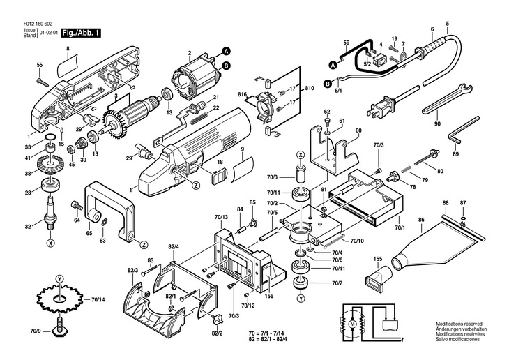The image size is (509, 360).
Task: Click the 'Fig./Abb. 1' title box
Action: [x=81, y=33]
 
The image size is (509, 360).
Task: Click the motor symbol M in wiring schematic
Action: [x=352, y=323]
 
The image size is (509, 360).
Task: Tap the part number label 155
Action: [x=377, y=259]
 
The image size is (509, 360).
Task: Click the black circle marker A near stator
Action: [x=226, y=51]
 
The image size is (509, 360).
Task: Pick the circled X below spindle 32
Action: [x=50, y=242]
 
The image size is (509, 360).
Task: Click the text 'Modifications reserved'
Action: [x=459, y=324]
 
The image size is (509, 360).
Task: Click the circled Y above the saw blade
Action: [x=59, y=279]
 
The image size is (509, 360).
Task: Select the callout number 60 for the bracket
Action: [x=358, y=130]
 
